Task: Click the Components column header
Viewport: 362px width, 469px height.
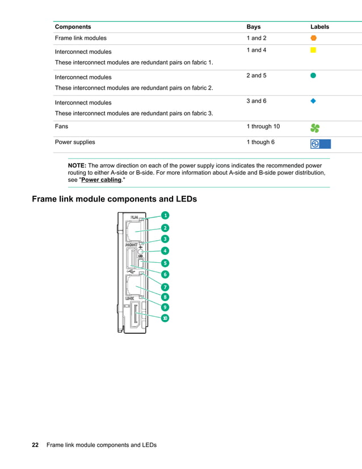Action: click(73, 27)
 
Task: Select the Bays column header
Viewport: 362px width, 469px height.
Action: click(254, 27)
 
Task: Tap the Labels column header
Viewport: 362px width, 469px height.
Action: click(319, 27)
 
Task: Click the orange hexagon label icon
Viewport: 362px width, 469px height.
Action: click(313, 38)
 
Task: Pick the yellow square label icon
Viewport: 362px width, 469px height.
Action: click(313, 51)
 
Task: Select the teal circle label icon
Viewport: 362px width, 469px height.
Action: click(313, 76)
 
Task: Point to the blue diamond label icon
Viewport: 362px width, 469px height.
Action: click(313, 101)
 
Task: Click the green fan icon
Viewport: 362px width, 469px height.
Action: click(315, 128)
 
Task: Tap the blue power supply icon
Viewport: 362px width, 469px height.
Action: click(320, 144)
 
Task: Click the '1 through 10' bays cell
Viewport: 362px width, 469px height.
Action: click(263, 126)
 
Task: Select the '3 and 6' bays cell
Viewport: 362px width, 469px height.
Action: click(256, 101)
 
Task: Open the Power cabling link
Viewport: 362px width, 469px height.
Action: click(102, 180)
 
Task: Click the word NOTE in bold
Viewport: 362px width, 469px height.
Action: click(77, 165)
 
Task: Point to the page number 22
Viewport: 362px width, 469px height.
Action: click(35, 445)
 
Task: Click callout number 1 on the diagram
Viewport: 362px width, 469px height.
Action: click(165, 215)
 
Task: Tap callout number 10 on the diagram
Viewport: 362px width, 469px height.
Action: click(165, 318)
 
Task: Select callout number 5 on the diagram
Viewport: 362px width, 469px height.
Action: click(165, 263)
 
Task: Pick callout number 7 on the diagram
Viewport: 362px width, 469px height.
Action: click(165, 287)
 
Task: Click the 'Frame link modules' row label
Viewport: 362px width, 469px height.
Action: click(81, 38)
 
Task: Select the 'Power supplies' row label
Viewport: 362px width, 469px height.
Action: click(75, 142)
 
